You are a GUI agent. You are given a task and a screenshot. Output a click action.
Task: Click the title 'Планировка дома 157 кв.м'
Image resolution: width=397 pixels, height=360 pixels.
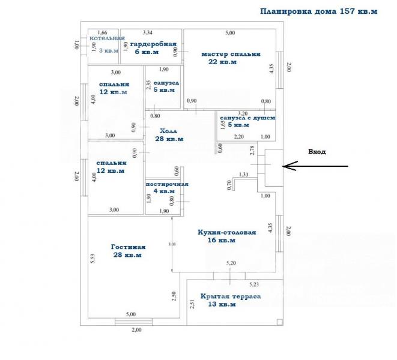tap(318, 11)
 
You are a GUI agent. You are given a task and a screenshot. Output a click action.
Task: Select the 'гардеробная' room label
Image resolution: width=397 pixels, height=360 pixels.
tap(153, 44)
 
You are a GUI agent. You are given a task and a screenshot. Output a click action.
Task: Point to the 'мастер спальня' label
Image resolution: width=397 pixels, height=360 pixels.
tap(231, 53)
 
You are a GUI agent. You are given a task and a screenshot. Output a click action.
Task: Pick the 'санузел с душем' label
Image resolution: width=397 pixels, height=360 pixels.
tap(247, 118)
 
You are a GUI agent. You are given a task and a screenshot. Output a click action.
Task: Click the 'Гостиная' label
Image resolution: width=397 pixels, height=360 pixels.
tap(128, 247)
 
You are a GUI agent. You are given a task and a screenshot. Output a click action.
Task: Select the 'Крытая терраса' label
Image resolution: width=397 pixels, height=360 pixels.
tap(231, 296)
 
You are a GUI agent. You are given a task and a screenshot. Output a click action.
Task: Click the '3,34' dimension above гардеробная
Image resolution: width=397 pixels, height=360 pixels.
tap(148, 32)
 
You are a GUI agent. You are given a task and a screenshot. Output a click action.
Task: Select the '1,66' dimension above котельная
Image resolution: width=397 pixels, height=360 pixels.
tap(102, 32)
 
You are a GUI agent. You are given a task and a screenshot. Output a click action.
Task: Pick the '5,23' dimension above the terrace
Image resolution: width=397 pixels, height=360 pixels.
tap(254, 283)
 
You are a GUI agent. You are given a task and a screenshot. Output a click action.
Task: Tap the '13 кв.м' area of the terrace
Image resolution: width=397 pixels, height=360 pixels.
tap(223, 304)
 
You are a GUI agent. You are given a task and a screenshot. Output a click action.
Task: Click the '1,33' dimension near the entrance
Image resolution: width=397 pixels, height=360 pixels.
tap(243, 175)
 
